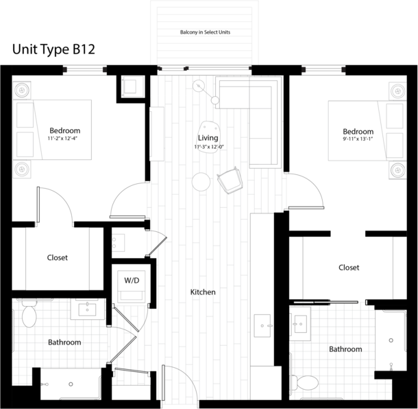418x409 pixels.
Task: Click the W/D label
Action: [130, 281]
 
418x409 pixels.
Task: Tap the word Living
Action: [208, 138]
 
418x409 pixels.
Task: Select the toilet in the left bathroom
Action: [29, 314]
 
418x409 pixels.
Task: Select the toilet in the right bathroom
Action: [306, 382]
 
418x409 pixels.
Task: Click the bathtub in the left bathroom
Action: [71, 384]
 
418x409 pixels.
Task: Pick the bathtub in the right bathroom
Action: [390, 340]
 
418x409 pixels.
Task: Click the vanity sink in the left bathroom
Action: [88, 309]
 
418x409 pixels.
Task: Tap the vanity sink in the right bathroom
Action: [300, 323]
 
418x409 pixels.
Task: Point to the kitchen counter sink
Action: [262, 322]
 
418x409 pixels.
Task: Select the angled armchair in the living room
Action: [230, 181]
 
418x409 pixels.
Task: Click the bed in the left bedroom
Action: [58, 130]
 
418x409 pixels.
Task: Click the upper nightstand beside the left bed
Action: [22, 91]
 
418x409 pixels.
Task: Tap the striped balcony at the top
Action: [204, 34]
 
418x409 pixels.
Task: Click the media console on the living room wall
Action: [157, 134]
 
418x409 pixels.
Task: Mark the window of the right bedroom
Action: [323, 69]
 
